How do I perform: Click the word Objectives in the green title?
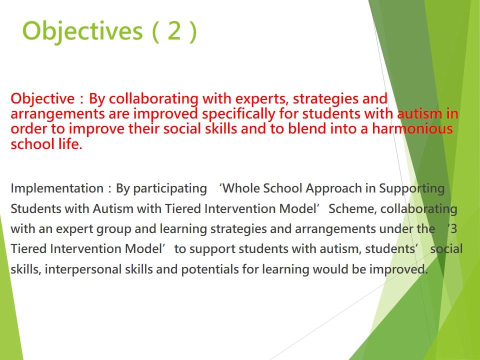[82, 31]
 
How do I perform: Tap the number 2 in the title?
[174, 30]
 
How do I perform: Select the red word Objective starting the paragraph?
[42, 99]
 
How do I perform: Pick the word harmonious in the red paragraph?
[412, 128]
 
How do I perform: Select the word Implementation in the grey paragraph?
[57, 188]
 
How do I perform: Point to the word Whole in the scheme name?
[242, 188]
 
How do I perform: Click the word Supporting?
[411, 189]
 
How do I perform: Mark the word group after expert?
[114, 229]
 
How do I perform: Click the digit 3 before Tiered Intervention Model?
[453, 228]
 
